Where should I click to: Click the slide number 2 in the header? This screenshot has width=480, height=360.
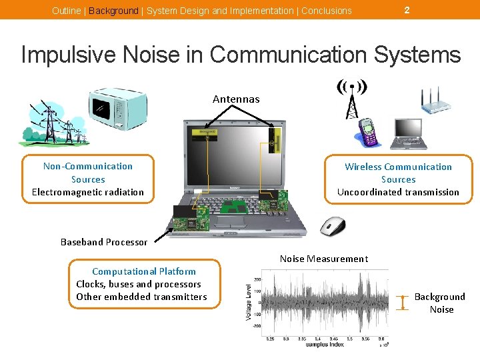click(407, 9)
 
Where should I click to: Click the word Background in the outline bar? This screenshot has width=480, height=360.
click(113, 11)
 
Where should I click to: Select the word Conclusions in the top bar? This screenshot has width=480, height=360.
click(327, 11)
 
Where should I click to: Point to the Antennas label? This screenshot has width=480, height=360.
click(236, 99)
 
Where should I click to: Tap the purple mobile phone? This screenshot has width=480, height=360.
click(368, 131)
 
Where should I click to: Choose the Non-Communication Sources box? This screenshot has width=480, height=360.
click(88, 179)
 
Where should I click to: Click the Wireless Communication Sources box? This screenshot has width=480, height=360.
click(398, 179)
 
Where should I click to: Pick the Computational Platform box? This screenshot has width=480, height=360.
click(143, 284)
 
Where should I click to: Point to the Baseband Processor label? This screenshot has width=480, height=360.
click(104, 242)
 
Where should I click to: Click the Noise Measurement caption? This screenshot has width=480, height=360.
click(323, 259)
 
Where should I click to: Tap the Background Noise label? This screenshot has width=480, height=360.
click(440, 303)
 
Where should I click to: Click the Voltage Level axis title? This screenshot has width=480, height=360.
click(249, 298)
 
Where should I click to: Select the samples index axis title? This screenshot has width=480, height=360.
click(325, 345)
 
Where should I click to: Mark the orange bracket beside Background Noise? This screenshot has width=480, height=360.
click(402, 302)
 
